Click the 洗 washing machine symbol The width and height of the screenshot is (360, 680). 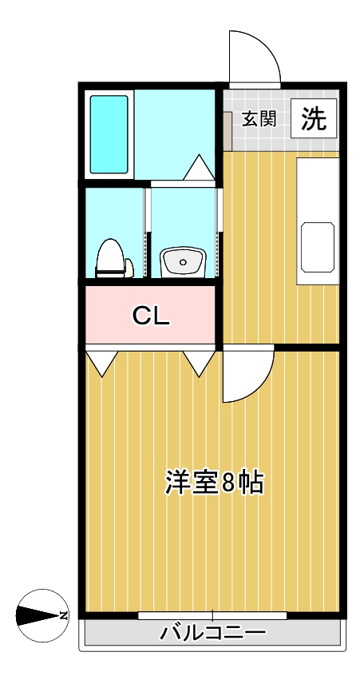pyautogui.click(x=314, y=118)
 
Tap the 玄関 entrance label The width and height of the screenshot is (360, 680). pyautogui.click(x=259, y=119)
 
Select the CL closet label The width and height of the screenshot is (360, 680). pyautogui.click(x=150, y=316)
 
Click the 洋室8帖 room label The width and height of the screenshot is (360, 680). pyautogui.click(x=214, y=482)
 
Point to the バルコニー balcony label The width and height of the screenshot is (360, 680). pyautogui.click(x=213, y=634)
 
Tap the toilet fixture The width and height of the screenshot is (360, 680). pyautogui.click(x=111, y=259)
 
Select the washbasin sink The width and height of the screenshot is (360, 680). pyautogui.click(x=183, y=263)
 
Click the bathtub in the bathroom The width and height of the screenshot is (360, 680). pyautogui.click(x=109, y=134)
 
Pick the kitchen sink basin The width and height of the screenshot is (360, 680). pyautogui.click(x=318, y=247)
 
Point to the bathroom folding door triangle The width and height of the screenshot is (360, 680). pyautogui.click(x=200, y=167)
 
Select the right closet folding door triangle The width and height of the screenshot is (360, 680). pyautogui.click(x=199, y=363)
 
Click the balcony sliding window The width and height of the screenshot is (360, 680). pyautogui.click(x=213, y=615)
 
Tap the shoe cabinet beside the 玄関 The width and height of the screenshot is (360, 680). pyautogui.click(x=228, y=131)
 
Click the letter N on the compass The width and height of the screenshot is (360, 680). pyautogui.click(x=64, y=615)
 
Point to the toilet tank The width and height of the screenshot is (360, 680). pyautogui.click(x=129, y=268)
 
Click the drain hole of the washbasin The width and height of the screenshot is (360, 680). pyautogui.click(x=183, y=262)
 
